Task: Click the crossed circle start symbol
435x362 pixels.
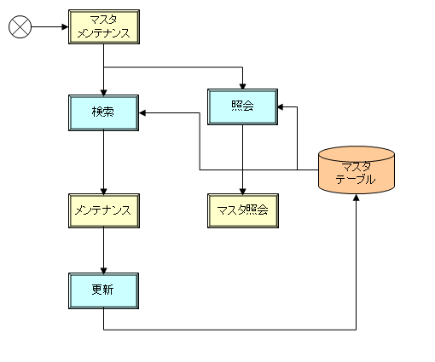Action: (20, 26)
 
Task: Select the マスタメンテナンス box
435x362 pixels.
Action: (104, 26)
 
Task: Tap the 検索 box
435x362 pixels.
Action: (103, 112)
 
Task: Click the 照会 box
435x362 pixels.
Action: (242, 106)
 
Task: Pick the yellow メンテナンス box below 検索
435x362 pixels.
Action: (104, 210)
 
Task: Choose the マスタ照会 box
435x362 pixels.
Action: (243, 210)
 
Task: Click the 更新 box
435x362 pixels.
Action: (103, 290)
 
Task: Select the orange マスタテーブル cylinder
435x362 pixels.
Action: (357, 170)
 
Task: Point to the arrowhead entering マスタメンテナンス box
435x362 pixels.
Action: (65, 27)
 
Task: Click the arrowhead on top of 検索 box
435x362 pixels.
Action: (103, 92)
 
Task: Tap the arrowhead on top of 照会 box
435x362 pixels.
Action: (242, 86)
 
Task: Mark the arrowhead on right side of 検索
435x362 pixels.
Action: (142, 112)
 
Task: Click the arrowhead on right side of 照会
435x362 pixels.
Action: (281, 106)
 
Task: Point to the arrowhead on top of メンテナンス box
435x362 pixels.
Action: (103, 191)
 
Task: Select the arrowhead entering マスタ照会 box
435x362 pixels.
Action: (242, 191)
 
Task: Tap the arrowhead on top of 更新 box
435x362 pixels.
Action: (103, 270)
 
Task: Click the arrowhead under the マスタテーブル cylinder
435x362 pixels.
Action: (356, 198)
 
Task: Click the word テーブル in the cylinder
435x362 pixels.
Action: (356, 179)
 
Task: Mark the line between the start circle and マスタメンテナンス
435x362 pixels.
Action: (49, 27)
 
